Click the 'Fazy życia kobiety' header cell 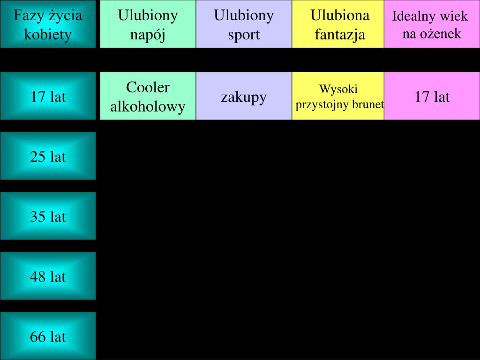[48, 24]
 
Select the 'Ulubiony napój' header [148, 24]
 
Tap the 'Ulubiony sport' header [244, 24]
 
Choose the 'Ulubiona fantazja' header [338, 24]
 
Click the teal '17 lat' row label [48, 97]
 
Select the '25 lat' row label [48, 156]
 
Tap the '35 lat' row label [48, 216]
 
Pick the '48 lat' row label [48, 276]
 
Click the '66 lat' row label [48, 336]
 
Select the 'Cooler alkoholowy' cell [148, 97]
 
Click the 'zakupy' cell [244, 97]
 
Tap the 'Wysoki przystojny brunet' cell [338, 97]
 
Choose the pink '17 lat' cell [432, 97]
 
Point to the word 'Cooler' [148, 88]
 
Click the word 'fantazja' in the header [340, 34]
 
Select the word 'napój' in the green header [148, 34]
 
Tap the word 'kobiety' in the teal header [48, 34]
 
